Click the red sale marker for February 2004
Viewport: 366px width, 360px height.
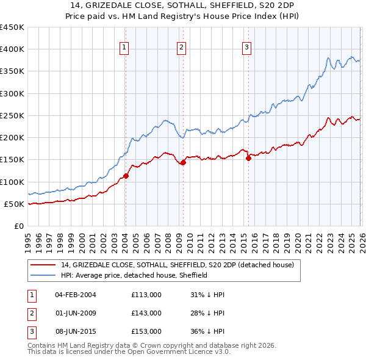pos(126,176)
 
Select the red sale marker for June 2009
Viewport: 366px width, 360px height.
pos(183,162)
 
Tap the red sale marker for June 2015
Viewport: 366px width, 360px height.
pos(248,159)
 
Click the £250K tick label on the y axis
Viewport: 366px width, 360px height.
pos(12,115)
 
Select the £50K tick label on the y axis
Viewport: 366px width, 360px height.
pos(14,204)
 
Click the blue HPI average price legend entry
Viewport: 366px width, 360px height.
pos(134,276)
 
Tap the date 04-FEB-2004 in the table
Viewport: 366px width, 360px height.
pos(76,295)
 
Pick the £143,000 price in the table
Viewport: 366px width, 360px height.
pos(146,313)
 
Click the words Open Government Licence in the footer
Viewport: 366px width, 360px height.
pos(177,353)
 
